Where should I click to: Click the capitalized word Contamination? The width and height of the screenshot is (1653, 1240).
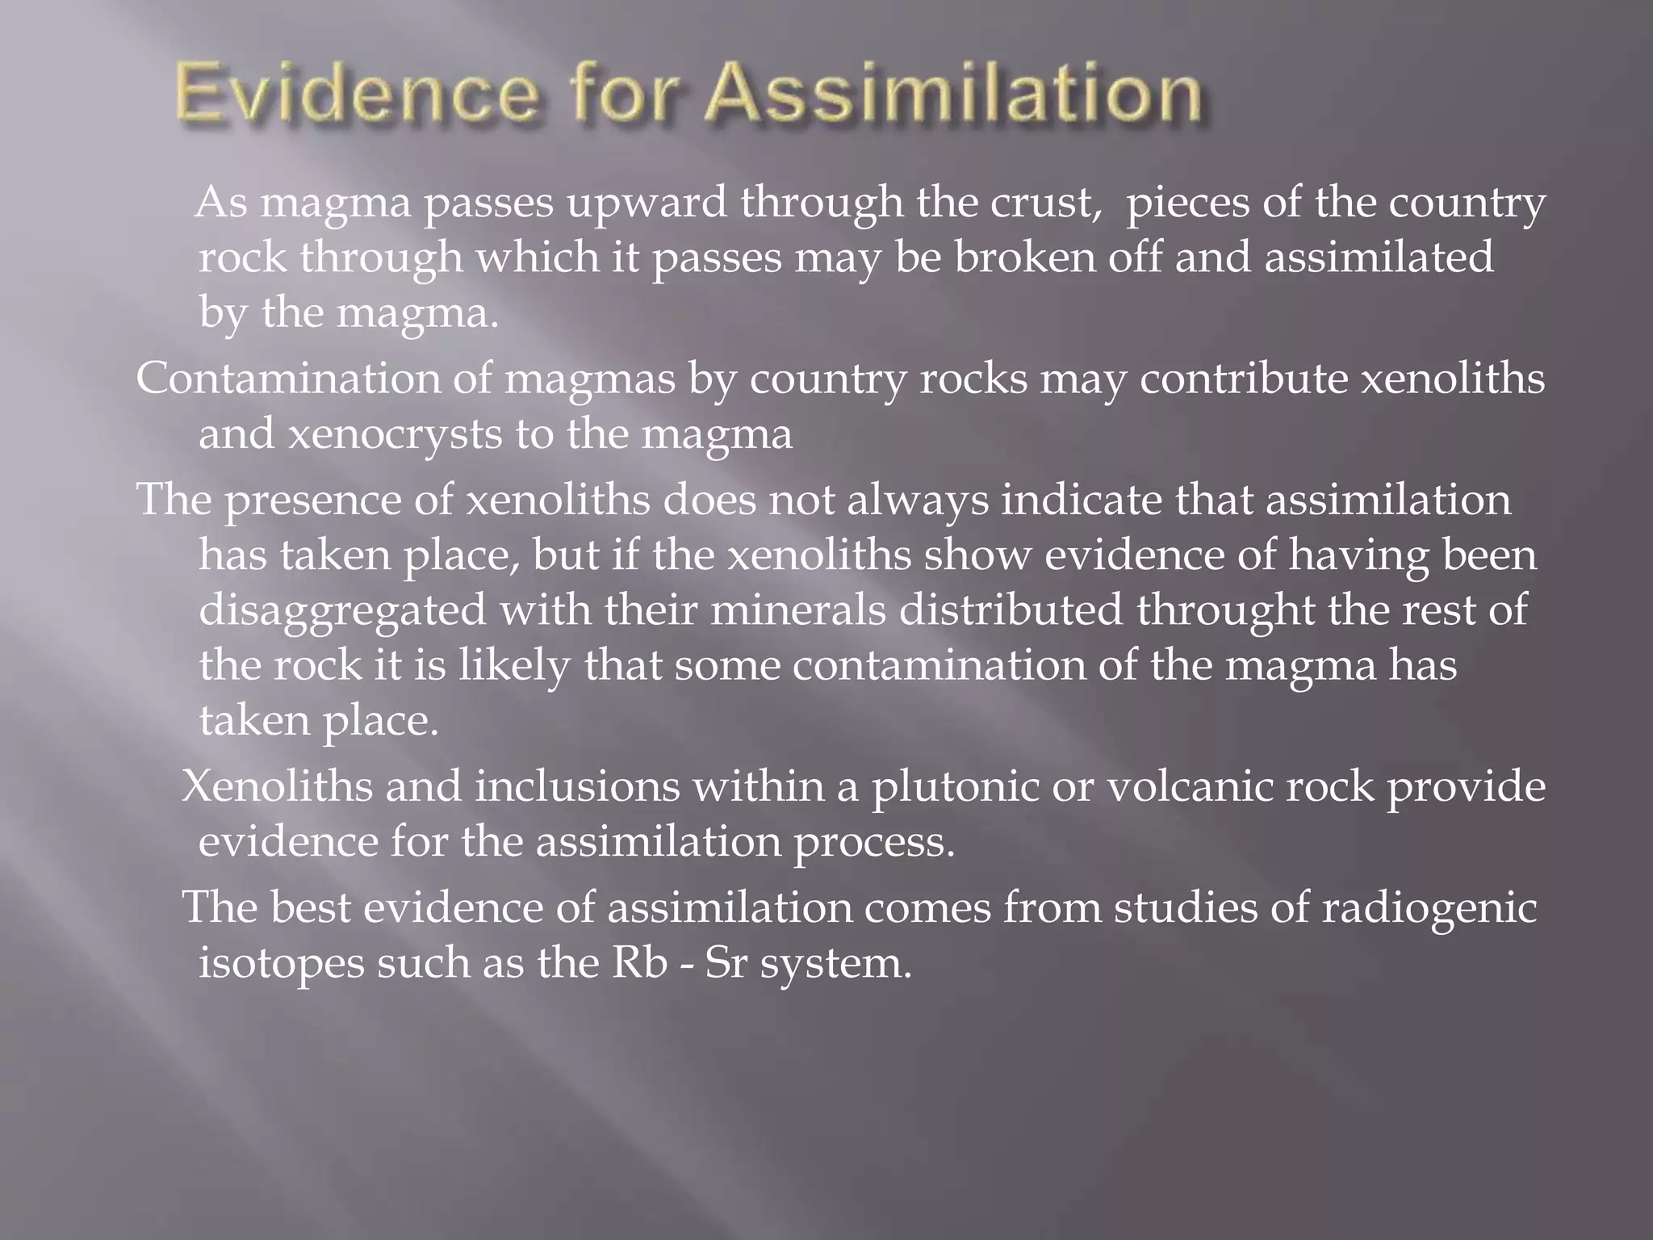pyautogui.click(x=287, y=379)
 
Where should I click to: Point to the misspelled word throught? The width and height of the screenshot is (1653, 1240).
pyautogui.click(x=1225, y=610)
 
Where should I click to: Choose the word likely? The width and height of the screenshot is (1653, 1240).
pyautogui.click(x=515, y=666)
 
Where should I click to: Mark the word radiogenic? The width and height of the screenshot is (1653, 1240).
pyautogui.click(x=1428, y=908)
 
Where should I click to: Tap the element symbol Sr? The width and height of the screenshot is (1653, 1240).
pyautogui.click(x=726, y=963)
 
